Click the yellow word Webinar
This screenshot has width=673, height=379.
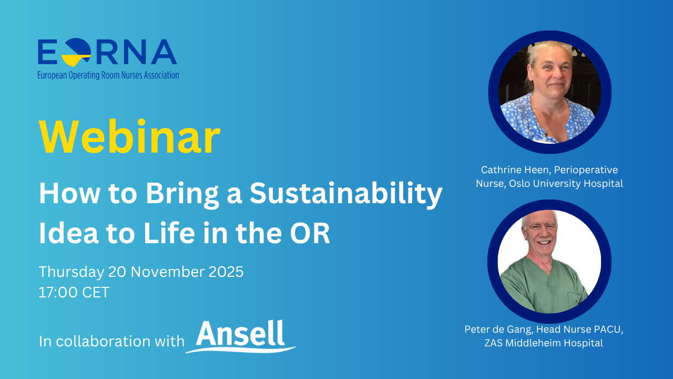[129, 137]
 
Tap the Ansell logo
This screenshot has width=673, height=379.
[241, 335]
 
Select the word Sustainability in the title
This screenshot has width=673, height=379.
[345, 194]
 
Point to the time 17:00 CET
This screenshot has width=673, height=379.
[74, 292]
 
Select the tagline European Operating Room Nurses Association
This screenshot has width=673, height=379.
[108, 75]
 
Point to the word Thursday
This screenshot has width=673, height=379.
[72, 272]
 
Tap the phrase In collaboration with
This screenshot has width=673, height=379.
[111, 341]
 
